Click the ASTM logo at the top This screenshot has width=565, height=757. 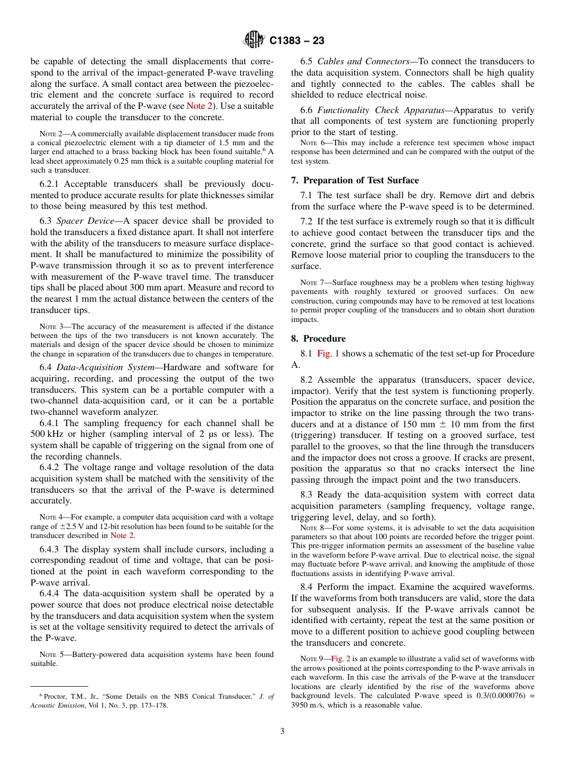(254, 40)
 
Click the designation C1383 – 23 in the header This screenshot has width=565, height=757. (297, 41)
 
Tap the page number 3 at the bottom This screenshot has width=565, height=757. (282, 731)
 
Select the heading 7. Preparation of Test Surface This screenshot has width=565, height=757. (355, 180)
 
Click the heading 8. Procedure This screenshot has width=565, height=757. (318, 339)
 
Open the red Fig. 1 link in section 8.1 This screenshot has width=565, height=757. (328, 354)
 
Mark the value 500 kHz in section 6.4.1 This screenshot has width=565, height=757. (47, 434)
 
